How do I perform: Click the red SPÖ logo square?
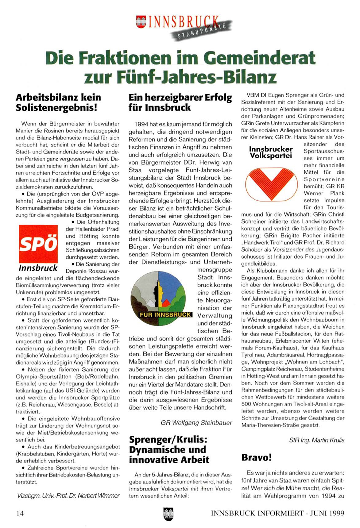[38, 244]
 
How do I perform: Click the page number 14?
[20, 513]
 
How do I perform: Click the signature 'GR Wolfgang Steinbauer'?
[196, 423]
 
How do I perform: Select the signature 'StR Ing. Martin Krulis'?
[317, 440]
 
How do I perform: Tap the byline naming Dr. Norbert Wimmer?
[68, 495]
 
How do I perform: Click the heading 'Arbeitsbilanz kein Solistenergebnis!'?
[58, 102]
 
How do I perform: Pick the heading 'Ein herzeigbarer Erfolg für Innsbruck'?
[180, 102]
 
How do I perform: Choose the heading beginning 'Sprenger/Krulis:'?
[169, 449]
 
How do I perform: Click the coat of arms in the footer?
[168, 514]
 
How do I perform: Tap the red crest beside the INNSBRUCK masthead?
[141, 22]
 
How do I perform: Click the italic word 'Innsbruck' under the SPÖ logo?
[38, 268]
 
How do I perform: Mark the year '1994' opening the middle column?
[141, 124]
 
